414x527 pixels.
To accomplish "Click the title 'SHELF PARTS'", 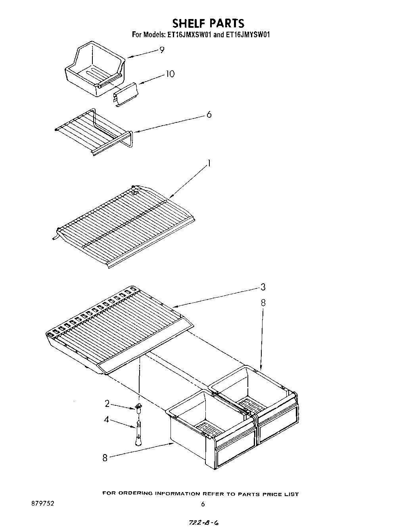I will point(202,23).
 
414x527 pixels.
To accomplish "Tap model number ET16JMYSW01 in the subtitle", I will point(248,35).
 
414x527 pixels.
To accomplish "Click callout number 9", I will point(161,50).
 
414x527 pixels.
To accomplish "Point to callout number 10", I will point(170,74).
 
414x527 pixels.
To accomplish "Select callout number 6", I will point(209,115).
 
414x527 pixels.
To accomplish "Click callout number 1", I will point(209,163).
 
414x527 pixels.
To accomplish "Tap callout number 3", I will point(263,287).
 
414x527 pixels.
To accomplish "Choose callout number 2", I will point(107,404).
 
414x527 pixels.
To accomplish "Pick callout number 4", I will point(107,419).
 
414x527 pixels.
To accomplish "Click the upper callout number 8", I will point(263,303).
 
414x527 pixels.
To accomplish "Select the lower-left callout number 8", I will point(105,458).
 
